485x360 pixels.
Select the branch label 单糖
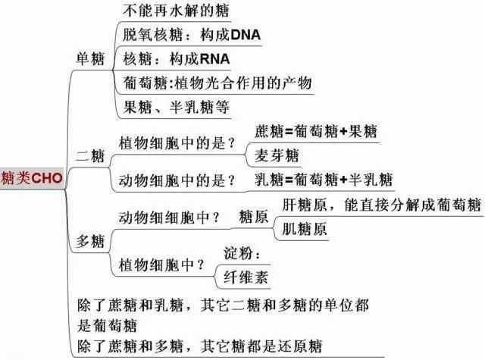[91, 60]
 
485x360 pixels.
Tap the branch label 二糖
[91, 157]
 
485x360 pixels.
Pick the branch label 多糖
[91, 242]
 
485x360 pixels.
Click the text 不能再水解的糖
[176, 11]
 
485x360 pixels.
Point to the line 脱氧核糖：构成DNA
[186, 35]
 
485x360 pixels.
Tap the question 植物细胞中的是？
[177, 142]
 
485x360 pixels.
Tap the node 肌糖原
[305, 229]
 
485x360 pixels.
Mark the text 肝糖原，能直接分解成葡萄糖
[381, 205]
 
